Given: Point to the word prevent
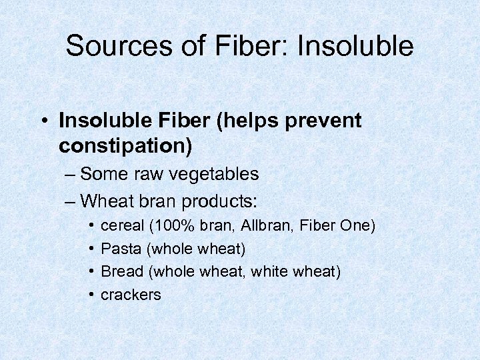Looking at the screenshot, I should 323,121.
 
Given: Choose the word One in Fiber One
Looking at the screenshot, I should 356,227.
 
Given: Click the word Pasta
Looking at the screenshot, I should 121,249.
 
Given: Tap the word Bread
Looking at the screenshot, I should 122,272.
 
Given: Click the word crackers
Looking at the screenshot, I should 131,295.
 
